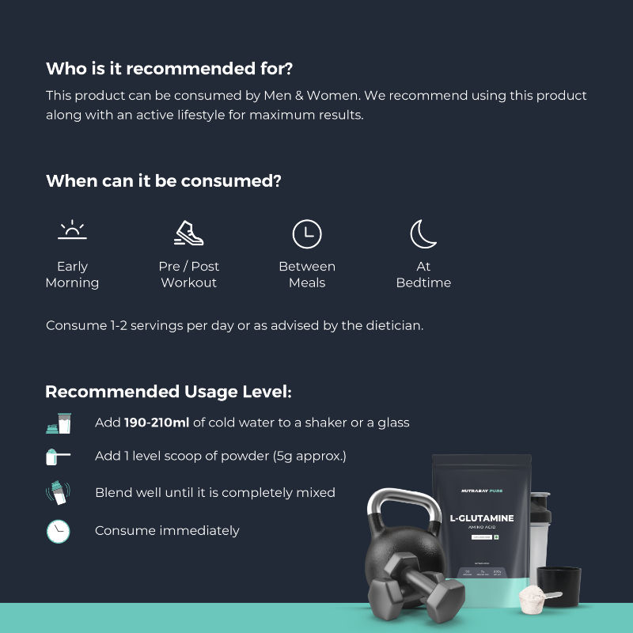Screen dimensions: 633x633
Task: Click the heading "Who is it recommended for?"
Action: pyautogui.click(x=175, y=69)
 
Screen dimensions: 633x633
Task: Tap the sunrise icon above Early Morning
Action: pyautogui.click(x=72, y=230)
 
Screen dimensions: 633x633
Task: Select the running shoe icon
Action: pyautogui.click(x=189, y=233)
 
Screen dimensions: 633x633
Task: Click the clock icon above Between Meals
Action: pyautogui.click(x=307, y=233)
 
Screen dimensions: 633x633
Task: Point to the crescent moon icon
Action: pyautogui.click(x=423, y=233)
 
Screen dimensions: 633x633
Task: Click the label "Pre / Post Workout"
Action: pyautogui.click(x=189, y=275)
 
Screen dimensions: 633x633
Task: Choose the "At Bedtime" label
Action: pyautogui.click(x=423, y=275)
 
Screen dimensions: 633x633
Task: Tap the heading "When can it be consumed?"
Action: pyautogui.click(x=164, y=180)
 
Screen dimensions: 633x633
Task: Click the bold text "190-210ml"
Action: pyautogui.click(x=156, y=423)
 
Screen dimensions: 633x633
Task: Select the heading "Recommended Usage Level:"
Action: pyautogui.click(x=169, y=392)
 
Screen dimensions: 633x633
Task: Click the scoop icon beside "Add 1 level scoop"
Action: pyautogui.click(x=58, y=457)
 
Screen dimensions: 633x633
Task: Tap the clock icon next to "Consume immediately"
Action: pyautogui.click(x=58, y=531)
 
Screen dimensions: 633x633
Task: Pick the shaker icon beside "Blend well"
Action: pyautogui.click(x=58, y=493)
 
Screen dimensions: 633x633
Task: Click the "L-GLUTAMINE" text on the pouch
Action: pyautogui.click(x=481, y=518)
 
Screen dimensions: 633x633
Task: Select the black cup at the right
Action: pyautogui.click(x=559, y=586)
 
